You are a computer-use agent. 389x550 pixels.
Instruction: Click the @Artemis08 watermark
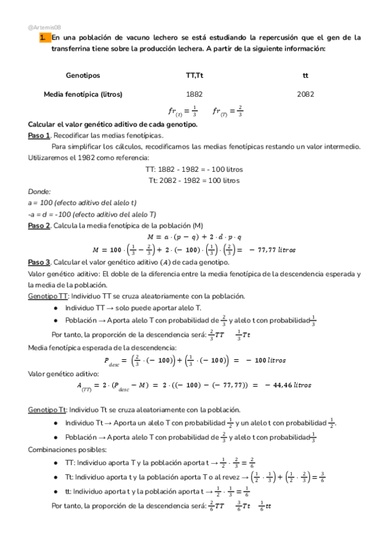pyautogui.click(x=45, y=27)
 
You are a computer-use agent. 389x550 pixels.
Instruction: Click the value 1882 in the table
pyautogui.click(x=194, y=94)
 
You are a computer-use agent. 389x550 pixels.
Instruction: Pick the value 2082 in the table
pyautogui.click(x=305, y=94)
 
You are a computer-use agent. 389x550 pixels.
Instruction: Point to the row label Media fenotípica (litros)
pyautogui.click(x=83, y=94)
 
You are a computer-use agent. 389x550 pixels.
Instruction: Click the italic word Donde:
pyautogui.click(x=40, y=192)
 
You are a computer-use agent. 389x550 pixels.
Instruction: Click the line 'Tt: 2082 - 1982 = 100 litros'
pyautogui.click(x=194, y=180)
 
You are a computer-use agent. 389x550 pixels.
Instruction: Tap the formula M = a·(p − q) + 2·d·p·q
pyautogui.click(x=194, y=236)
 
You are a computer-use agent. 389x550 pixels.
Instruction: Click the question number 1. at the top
pyautogui.click(x=43, y=38)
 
